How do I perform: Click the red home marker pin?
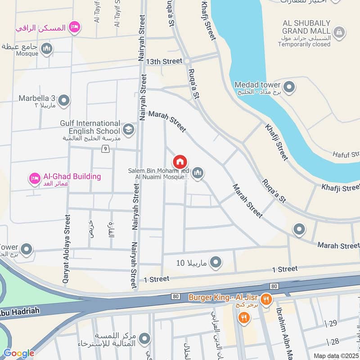point(180,162)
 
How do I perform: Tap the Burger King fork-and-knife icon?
point(266,298)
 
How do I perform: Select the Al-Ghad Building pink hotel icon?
point(34,180)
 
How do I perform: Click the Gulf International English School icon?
point(129,129)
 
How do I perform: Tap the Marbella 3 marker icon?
point(64,101)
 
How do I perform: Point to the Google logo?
point(19,353)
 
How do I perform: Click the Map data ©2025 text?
point(336,355)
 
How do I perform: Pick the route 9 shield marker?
point(105,149)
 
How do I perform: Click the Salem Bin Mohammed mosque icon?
point(198,173)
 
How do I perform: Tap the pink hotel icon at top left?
point(74,27)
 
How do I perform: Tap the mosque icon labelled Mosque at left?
point(46,49)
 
